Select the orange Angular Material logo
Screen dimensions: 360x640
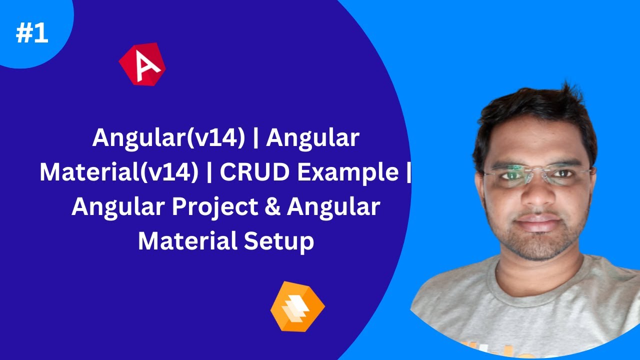pyautogui.click(x=297, y=306)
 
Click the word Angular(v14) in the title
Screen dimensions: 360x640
pyautogui.click(x=168, y=138)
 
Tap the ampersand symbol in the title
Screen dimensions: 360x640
pyautogui.click(x=275, y=207)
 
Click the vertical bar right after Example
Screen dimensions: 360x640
pyautogui.click(x=408, y=173)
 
